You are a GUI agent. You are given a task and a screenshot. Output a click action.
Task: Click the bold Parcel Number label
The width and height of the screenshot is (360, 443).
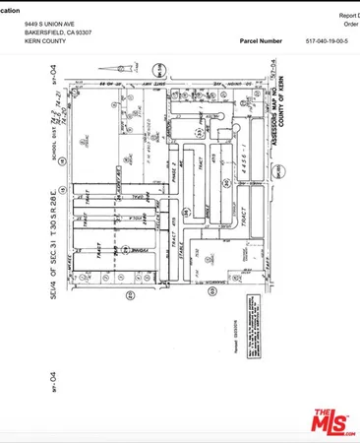pos(260,42)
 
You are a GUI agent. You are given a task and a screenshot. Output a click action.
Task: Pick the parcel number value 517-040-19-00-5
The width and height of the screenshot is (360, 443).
pos(333,42)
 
